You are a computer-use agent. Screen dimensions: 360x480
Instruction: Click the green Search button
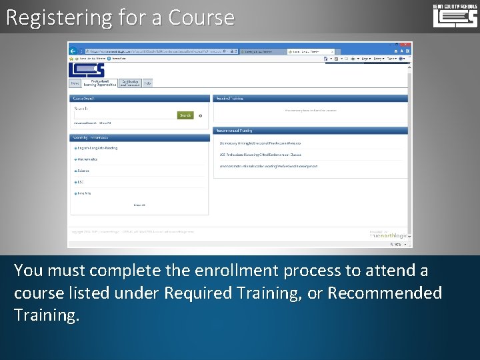coord(185,115)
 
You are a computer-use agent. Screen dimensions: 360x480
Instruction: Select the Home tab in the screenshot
coord(75,83)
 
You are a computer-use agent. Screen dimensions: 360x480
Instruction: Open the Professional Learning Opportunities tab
coord(99,83)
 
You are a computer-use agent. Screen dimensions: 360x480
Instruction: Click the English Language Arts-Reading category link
coord(97,148)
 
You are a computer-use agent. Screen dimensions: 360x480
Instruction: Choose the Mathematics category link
coord(87,159)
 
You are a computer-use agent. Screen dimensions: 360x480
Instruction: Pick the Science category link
coord(83,171)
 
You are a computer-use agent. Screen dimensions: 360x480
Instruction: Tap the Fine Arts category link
coord(83,193)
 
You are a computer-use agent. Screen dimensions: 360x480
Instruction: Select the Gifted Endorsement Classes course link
coord(260,155)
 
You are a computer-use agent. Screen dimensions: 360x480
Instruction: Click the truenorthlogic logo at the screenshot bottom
coord(389,236)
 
